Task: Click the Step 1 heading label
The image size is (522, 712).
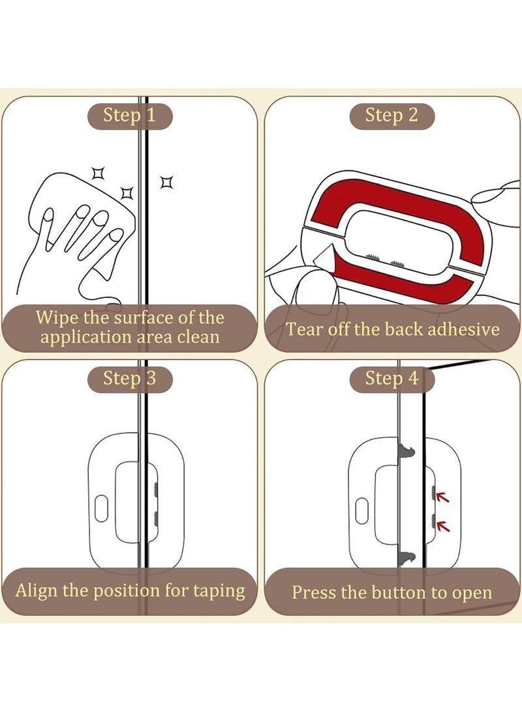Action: point(130,116)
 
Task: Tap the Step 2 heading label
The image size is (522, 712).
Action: point(391,116)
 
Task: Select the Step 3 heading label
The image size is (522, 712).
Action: point(130,379)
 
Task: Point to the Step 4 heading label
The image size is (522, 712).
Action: point(391,379)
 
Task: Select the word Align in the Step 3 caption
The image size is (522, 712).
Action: point(37,591)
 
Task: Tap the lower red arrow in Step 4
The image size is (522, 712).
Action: point(443,524)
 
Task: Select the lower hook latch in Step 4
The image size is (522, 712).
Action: point(405,557)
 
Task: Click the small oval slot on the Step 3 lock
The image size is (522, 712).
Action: point(101,509)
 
